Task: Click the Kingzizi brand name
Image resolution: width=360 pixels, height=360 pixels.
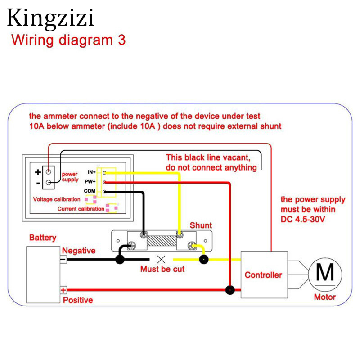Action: coord(50,18)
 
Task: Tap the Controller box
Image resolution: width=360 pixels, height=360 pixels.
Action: coord(264,274)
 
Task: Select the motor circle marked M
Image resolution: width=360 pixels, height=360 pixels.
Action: coord(325,273)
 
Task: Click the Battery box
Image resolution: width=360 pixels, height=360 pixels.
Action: coord(43,275)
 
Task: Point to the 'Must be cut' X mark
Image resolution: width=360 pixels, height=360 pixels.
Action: coord(161,259)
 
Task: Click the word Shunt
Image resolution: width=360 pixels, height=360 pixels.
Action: coord(201,225)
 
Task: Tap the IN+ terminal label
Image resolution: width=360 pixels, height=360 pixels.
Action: coord(92,172)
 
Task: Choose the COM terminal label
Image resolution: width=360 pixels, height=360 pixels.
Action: coord(90,191)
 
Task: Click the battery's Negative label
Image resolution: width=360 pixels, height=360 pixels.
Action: coord(79,251)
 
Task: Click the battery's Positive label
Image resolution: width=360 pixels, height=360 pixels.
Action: coord(78,300)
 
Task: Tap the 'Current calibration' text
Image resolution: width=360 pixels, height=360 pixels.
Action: coord(81,209)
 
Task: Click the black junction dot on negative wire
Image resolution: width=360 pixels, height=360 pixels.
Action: coord(120,259)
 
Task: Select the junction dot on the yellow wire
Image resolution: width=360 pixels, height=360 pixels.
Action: coord(204,259)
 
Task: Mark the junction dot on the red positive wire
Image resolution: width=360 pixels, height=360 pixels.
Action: coord(230,290)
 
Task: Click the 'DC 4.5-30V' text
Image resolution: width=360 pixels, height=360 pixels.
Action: coord(302,220)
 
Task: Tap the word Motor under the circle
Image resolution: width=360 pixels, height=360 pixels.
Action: coord(325,297)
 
